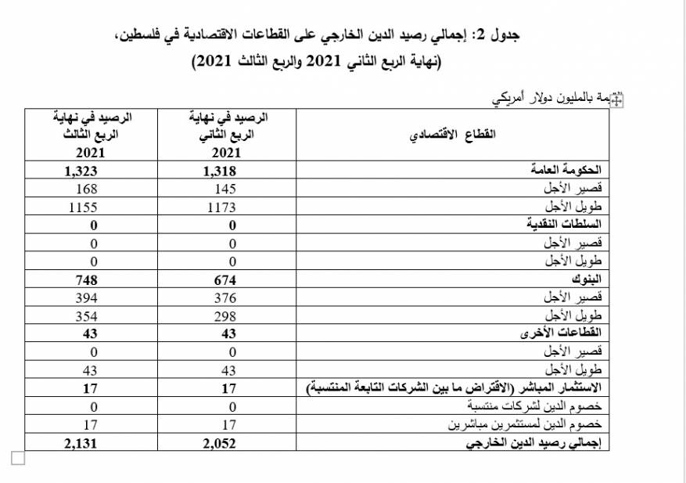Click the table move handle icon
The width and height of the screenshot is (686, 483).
[x=616, y=99]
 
